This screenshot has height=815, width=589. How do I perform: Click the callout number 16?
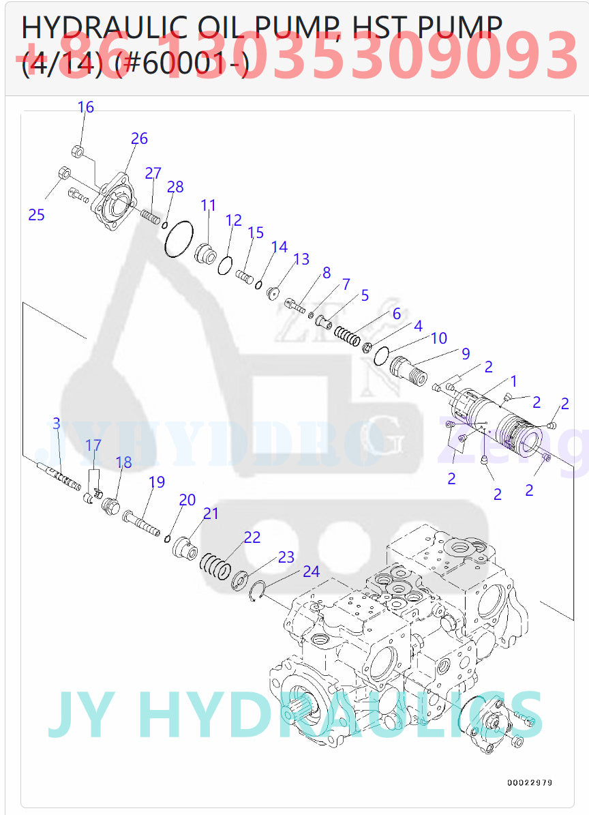point(86,107)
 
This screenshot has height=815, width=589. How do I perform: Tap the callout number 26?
point(139,138)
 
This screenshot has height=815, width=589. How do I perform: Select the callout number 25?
point(36,215)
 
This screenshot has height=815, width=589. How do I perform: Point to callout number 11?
point(208,205)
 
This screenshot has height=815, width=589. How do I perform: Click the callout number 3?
point(57,424)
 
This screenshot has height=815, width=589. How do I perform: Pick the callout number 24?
point(311,572)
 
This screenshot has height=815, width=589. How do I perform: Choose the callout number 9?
point(466,353)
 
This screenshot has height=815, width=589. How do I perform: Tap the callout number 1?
point(513,381)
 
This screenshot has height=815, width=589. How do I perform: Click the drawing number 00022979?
point(530,782)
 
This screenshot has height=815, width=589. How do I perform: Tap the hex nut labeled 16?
point(78,151)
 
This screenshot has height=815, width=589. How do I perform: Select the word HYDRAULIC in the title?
point(102,27)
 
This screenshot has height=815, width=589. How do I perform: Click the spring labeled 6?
point(347,336)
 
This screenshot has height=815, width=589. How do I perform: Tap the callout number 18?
point(123,462)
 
